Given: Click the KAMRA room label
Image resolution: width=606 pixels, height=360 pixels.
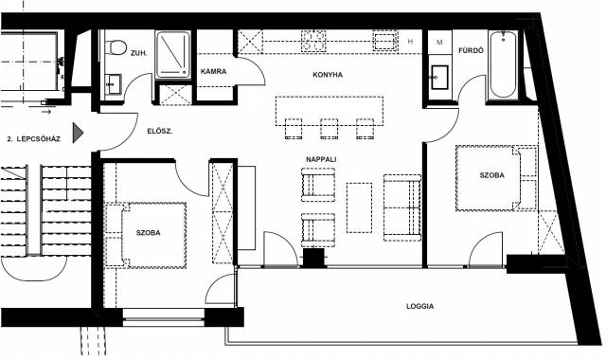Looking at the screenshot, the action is click(x=213, y=72).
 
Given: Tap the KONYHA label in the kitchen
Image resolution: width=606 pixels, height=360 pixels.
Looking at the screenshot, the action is click(x=328, y=75).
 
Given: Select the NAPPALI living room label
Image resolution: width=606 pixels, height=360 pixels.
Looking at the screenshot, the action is click(x=321, y=159).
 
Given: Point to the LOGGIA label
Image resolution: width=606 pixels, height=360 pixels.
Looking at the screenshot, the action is click(x=419, y=306).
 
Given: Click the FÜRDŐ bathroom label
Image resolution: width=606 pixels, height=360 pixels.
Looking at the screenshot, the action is click(x=471, y=50).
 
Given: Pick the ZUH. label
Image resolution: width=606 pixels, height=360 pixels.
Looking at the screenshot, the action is click(x=139, y=53).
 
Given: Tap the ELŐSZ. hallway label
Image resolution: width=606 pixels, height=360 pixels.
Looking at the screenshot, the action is click(x=160, y=131).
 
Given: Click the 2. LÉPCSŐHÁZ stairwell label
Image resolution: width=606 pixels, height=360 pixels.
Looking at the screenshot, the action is click(x=34, y=139).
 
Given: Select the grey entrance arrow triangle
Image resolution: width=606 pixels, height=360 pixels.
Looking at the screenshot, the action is click(x=78, y=133).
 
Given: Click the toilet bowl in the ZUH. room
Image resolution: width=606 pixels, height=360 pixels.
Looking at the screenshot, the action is click(x=116, y=47).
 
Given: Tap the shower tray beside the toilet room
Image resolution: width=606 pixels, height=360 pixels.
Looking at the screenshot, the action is click(x=173, y=55).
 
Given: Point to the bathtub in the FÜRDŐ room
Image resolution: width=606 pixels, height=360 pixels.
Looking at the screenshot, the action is click(x=503, y=64).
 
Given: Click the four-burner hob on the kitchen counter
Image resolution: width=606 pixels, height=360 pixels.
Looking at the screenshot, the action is click(x=312, y=41).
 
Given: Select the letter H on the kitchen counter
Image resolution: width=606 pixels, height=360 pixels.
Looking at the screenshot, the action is click(x=410, y=42).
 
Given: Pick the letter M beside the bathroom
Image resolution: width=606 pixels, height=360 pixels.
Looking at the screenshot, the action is click(x=439, y=42).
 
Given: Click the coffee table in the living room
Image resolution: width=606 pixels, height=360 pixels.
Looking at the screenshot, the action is click(x=360, y=207).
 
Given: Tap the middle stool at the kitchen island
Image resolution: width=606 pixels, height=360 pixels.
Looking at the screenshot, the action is click(x=330, y=129).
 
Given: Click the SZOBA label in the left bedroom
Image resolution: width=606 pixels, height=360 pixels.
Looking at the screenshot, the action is click(x=148, y=233).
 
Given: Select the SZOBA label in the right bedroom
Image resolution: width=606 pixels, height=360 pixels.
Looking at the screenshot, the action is click(x=492, y=175).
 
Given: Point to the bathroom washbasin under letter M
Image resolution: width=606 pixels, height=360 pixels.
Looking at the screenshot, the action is click(x=439, y=78).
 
